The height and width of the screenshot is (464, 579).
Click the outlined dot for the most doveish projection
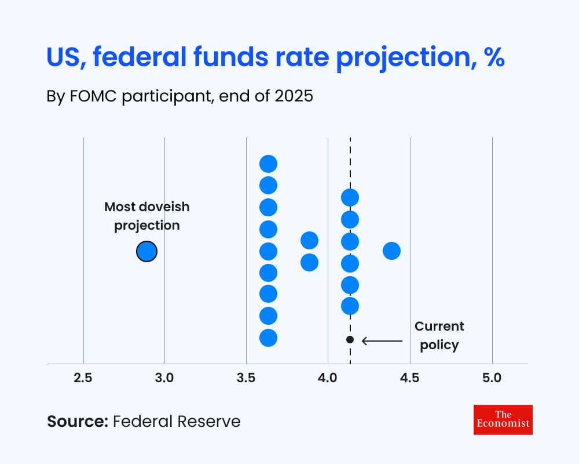coord(146,252)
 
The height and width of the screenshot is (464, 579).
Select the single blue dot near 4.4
coord(392,251)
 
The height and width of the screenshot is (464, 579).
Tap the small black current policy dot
coord(350,339)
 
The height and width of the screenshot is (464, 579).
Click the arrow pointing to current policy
coord(382,341)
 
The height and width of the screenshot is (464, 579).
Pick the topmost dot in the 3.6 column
coord(269,164)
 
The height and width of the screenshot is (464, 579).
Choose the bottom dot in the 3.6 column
coord(269,338)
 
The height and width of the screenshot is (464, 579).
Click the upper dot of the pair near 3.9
coord(309,241)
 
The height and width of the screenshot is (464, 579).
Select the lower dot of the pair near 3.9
coord(309,262)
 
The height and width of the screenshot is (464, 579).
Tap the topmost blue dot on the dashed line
coord(350,198)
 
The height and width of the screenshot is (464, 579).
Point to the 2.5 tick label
coord(83,378)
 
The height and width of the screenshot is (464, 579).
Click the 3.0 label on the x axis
coord(164,378)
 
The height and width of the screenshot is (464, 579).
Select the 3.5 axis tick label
coord(246,378)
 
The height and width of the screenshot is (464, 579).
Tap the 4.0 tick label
coord(328,378)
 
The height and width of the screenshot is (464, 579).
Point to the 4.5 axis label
coord(410,378)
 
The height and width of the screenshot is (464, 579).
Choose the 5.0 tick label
coord(492,378)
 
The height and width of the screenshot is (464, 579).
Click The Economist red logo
coord(503,419)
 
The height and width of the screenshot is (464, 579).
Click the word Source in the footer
coord(78,422)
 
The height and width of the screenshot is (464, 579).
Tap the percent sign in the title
coord(495,57)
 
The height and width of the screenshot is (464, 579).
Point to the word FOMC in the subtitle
coord(93,96)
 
